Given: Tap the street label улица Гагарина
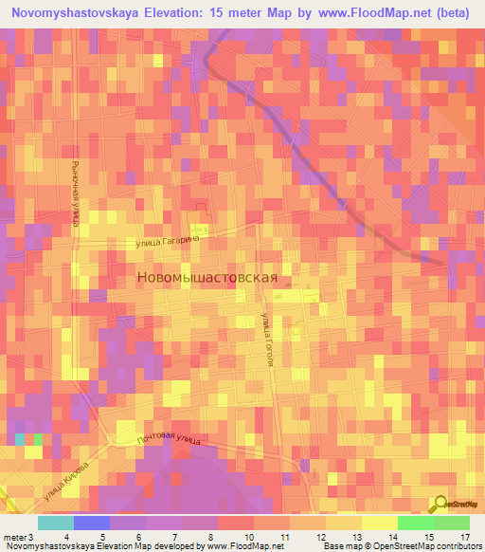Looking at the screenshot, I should click(x=171, y=243).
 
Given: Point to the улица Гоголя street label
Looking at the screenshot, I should click(x=269, y=346).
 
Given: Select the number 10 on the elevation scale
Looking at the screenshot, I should click(x=249, y=537).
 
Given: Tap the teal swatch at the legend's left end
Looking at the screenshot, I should click(x=55, y=523).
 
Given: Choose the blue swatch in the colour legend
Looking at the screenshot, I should click(x=91, y=523).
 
